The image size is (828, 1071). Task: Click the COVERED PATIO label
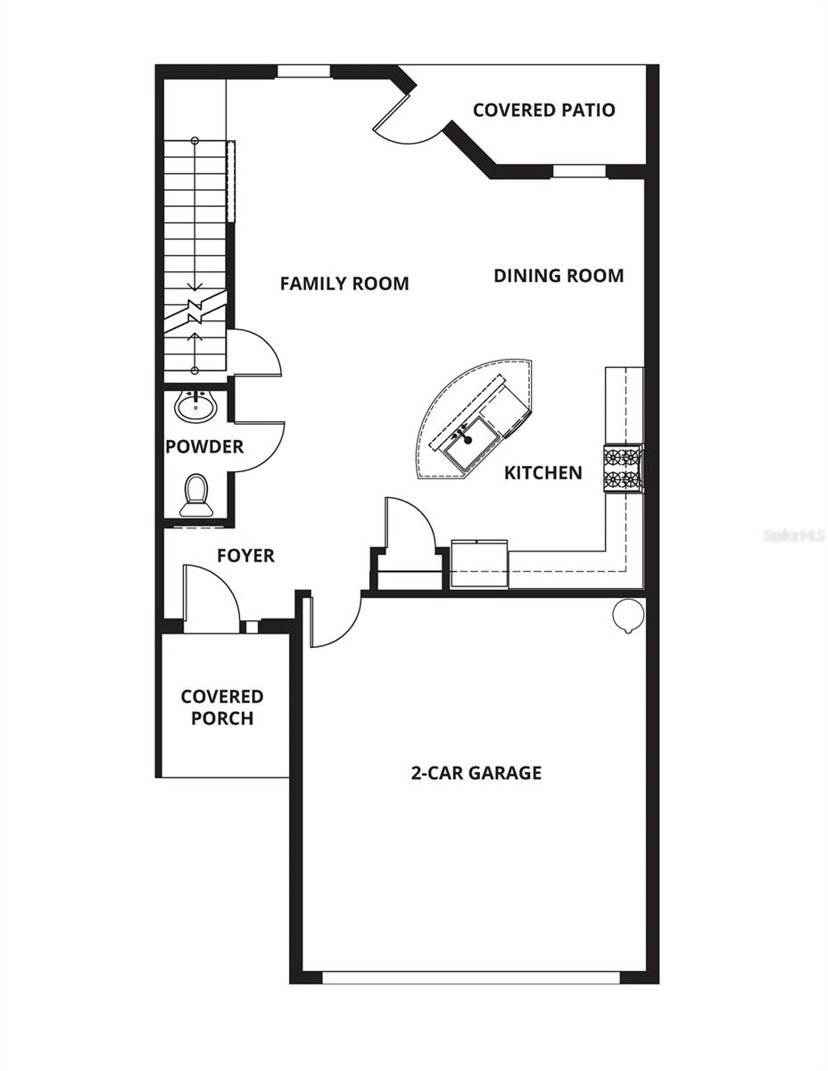543,110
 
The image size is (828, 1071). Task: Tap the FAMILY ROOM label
344,284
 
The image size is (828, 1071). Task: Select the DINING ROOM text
559,276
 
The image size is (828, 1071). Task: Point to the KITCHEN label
542,472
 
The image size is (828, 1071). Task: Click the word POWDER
204,446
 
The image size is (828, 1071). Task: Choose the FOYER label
245,556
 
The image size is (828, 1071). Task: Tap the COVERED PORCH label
222,707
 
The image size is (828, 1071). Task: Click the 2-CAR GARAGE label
476,773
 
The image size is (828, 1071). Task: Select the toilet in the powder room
196,495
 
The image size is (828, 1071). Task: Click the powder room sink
195,407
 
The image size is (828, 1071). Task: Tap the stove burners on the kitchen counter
623,469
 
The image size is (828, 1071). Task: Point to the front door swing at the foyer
211,598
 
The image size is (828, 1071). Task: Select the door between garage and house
332,620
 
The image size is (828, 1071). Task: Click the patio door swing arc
406,126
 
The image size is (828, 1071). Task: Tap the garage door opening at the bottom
470,977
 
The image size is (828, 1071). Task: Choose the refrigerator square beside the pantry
479,564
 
